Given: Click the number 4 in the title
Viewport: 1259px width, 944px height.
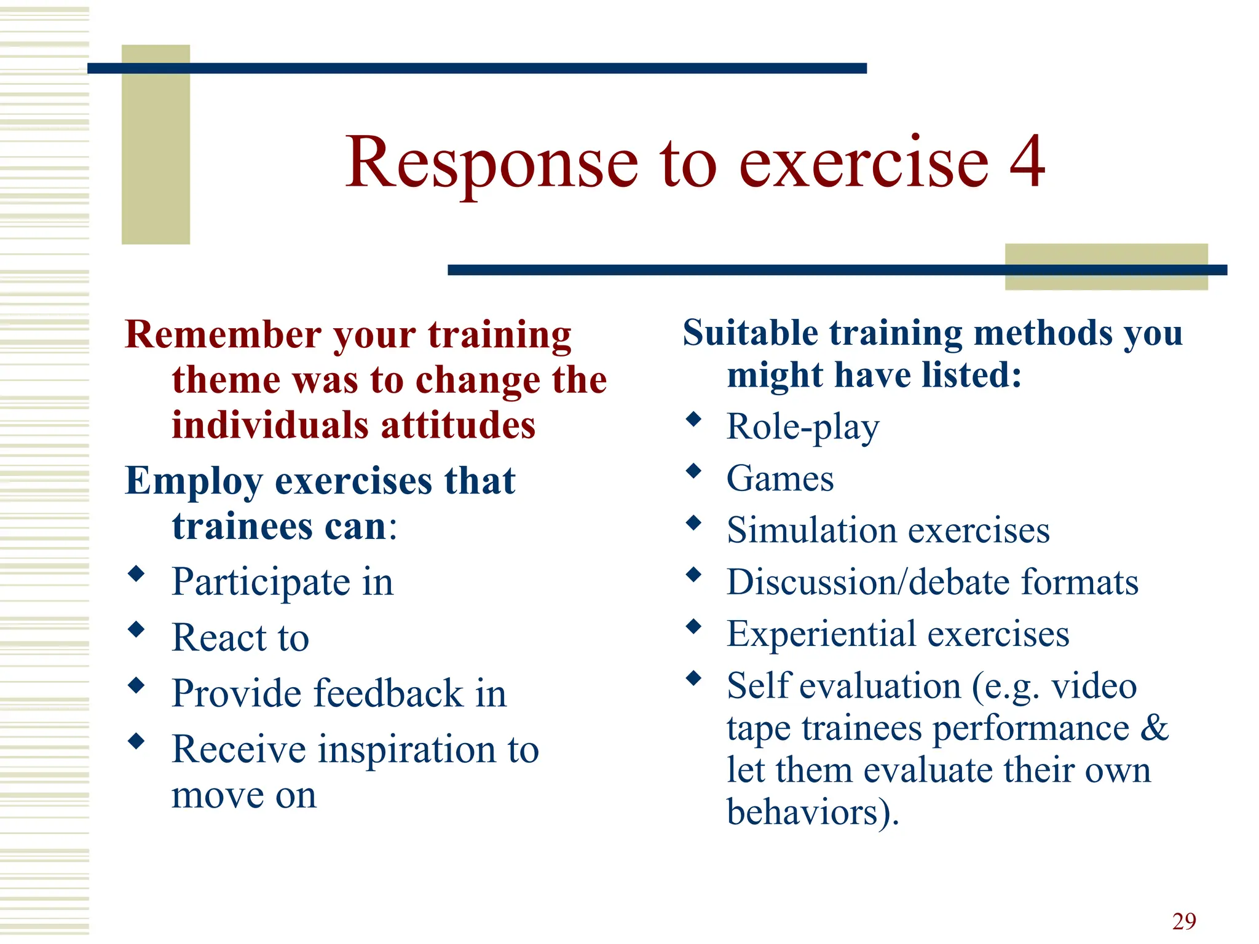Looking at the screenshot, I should (1026, 162).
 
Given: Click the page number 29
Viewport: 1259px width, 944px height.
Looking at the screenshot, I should (1183, 921).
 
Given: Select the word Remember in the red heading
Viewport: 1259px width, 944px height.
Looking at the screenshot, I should (223, 335).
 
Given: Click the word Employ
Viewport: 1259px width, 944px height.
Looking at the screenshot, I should (193, 481).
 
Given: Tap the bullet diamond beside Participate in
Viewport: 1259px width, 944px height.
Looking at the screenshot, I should (136, 574).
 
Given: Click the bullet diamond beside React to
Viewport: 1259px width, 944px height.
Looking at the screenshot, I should (136, 629).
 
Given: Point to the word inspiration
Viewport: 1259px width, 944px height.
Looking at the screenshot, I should (406, 749).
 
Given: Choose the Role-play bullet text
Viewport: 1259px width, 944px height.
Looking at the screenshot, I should (802, 427).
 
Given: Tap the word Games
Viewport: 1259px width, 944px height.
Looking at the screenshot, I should (779, 478).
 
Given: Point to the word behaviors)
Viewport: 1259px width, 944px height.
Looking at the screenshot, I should (812, 812).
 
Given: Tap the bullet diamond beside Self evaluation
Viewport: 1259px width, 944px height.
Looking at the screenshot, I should (693, 678).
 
